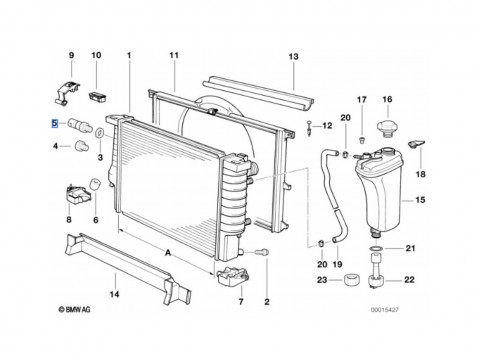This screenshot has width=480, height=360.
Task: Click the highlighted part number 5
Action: pos(54,124)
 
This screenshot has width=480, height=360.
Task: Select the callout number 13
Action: pos(293,56)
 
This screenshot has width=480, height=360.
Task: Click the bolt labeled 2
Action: pos(262,252)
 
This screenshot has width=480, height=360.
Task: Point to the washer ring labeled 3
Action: pos(99,133)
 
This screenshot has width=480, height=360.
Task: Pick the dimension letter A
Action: pos(168,253)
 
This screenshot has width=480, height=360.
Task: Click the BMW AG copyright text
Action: pos(74,310)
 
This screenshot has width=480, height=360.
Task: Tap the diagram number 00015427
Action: pos(384,310)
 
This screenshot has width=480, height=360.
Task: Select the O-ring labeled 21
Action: pos(376,248)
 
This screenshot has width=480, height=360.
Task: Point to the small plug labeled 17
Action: pos(361,139)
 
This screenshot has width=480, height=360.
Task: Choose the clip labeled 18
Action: pos(416,144)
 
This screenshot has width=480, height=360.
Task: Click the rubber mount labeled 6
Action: pos(95,184)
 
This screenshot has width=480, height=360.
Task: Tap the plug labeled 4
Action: pos(81,146)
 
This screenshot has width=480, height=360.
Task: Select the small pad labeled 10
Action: pos(98,97)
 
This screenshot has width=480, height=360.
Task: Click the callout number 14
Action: pos(114,294)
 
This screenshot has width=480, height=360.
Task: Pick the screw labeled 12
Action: pos(310,128)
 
